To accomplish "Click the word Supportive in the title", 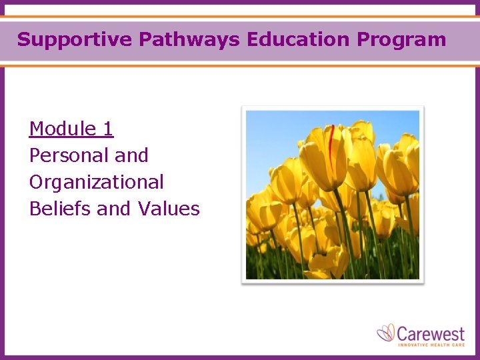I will click(75, 39).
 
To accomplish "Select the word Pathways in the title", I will click(189, 39).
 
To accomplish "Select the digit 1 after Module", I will click(108, 129).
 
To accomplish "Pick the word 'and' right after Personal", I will click(131, 155).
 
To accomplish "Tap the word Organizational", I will click(96, 182).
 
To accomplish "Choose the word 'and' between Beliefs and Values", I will click(114, 209).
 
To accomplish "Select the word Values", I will click(169, 209).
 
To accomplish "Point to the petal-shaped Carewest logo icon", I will click(386, 333).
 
